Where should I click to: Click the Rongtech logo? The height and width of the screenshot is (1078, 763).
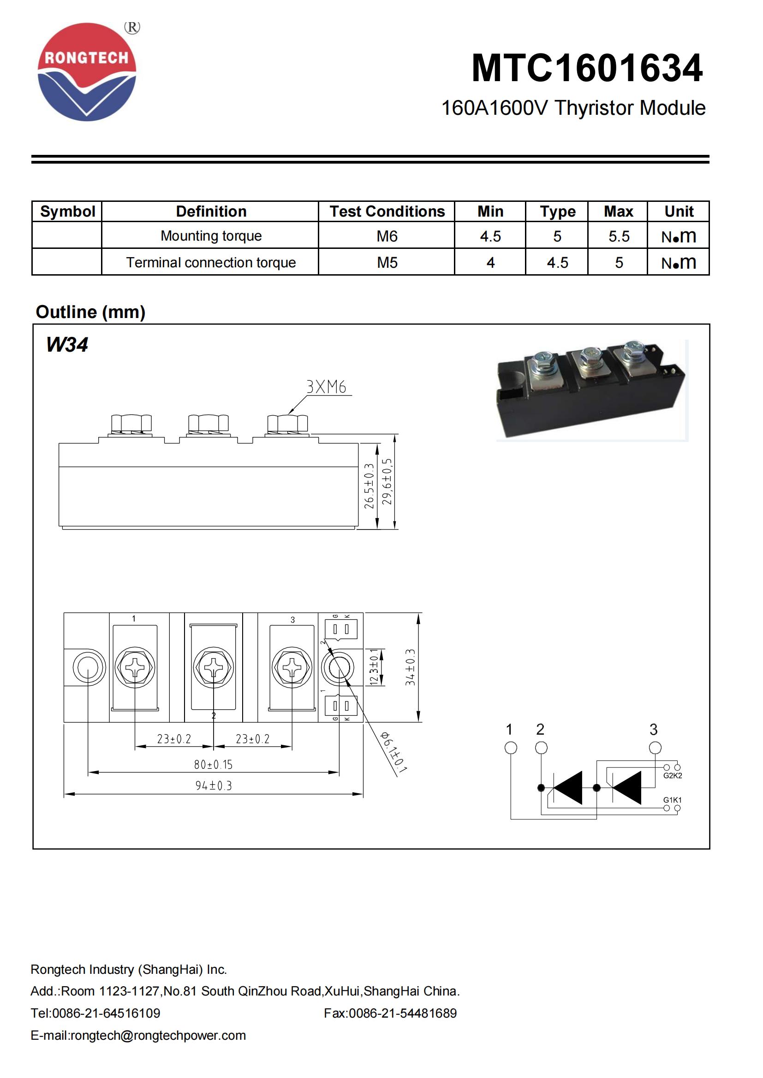tap(87, 72)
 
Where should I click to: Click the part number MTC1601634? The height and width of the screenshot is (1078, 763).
tap(587, 69)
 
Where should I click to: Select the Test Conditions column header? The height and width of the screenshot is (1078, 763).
tap(387, 211)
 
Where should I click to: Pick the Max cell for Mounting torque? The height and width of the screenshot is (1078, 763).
tap(618, 236)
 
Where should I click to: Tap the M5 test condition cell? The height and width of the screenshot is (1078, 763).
tap(387, 262)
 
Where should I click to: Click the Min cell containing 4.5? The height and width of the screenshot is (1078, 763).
tap(490, 236)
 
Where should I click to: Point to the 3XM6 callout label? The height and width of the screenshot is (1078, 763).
tap(326, 387)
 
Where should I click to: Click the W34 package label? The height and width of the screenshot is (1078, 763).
tap(67, 345)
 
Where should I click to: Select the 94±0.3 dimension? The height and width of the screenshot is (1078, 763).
tap(213, 785)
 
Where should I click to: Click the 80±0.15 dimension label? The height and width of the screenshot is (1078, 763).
tap(213, 764)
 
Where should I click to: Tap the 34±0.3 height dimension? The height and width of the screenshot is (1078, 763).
tap(410, 667)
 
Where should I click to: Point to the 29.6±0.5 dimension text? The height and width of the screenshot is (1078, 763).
tap(387, 481)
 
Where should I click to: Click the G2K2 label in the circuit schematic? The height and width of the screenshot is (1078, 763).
tap(672, 776)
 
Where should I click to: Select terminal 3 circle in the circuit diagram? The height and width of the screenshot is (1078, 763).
tap(655, 748)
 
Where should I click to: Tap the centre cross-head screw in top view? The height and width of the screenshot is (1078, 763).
tap(213, 667)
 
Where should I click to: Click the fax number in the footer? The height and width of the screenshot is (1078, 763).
tap(390, 1013)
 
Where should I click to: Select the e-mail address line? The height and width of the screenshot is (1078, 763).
tap(138, 1035)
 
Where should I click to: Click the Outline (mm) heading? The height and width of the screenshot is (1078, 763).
tap(91, 312)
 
